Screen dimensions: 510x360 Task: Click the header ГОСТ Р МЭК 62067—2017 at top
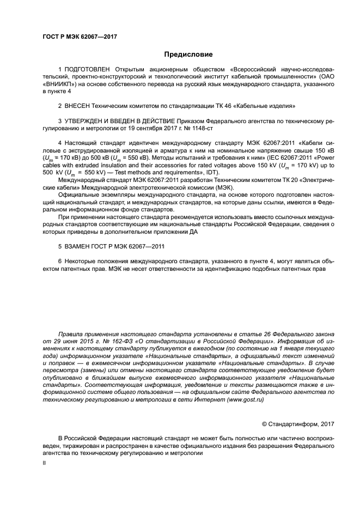[80, 37]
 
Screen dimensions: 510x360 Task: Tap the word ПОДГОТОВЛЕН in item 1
[87, 70]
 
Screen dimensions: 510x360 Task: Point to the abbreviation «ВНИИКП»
[60, 84]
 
